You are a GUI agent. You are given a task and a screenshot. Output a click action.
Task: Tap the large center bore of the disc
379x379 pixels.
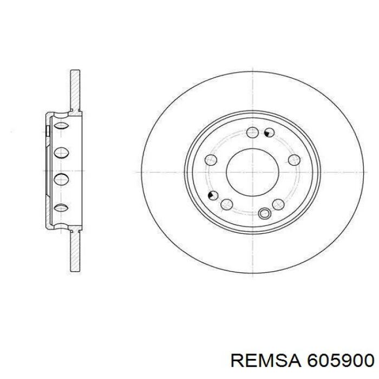tap(253, 172)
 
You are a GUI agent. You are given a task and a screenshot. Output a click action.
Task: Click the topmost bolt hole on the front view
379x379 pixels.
tap(253, 133)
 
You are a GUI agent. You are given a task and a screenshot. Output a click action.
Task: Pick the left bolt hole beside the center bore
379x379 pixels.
tap(211, 160)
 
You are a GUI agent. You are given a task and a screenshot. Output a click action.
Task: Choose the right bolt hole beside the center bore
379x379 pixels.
tap(295, 160)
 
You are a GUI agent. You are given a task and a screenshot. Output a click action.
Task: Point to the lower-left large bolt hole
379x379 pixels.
tap(227, 205)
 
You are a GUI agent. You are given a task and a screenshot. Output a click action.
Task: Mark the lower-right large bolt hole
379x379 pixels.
tap(278, 205)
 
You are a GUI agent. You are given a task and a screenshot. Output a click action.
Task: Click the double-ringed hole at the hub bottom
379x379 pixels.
tap(264, 213)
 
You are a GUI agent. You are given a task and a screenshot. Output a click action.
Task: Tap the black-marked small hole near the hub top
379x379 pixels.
tap(269, 133)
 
